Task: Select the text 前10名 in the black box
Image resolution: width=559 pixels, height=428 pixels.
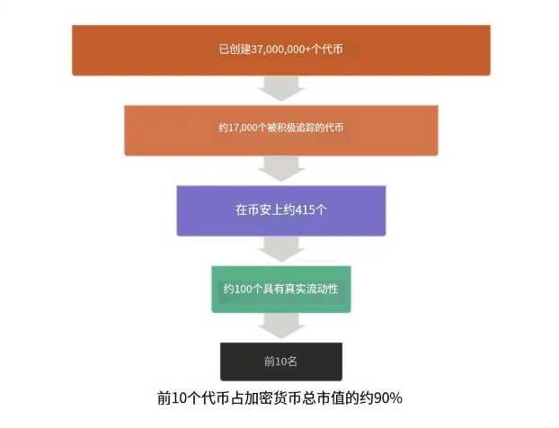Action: click(280, 361)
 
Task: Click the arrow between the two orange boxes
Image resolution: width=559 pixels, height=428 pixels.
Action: click(281, 90)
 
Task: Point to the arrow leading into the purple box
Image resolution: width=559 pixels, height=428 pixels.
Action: click(281, 169)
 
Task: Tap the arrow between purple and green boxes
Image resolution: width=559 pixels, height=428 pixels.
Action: click(281, 249)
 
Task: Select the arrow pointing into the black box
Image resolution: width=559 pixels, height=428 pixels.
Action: click(281, 325)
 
